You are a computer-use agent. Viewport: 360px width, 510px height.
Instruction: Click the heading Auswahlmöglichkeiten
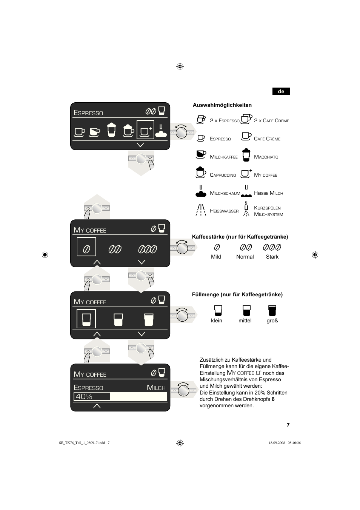click(222, 105)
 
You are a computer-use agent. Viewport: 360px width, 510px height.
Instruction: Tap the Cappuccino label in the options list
click(223, 175)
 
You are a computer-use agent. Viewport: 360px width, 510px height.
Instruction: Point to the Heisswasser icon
click(201, 210)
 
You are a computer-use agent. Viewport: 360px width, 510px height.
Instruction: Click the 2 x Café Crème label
click(271, 121)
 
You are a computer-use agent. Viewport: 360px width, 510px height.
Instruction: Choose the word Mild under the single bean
click(216, 257)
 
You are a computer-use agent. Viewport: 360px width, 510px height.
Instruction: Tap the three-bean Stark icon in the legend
click(272, 247)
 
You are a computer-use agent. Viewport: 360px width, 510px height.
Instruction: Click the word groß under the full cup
click(272, 320)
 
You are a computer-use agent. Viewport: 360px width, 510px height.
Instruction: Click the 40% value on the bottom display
click(84, 396)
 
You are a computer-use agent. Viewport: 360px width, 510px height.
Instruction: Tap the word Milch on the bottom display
click(156, 388)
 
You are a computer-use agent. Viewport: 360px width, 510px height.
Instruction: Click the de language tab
click(281, 91)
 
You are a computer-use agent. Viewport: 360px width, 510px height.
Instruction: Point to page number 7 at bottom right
click(288, 425)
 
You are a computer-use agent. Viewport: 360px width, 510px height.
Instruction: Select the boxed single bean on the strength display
click(86, 247)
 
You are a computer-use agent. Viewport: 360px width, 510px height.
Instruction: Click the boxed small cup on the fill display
click(86, 319)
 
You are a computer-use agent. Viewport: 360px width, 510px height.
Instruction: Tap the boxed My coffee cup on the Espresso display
click(145, 130)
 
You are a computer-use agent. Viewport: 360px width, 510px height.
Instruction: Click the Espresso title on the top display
click(88, 113)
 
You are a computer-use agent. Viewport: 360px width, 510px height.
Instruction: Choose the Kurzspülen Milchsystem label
click(268, 211)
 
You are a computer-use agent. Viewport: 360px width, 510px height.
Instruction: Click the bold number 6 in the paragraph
click(273, 399)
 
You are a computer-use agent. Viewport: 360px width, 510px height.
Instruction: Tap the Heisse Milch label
click(268, 193)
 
